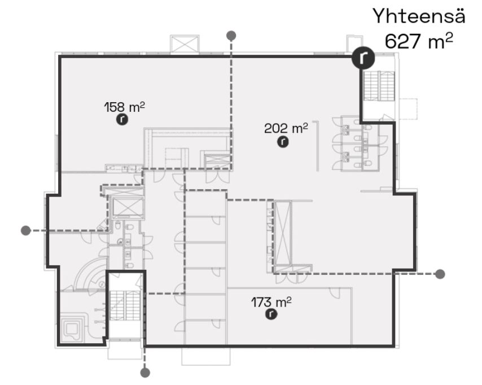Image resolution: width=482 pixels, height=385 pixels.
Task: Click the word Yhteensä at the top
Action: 419,16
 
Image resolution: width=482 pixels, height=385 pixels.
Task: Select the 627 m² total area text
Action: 419,41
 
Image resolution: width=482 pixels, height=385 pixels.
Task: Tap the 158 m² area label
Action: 124,107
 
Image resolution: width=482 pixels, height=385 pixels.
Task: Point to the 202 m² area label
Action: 286,128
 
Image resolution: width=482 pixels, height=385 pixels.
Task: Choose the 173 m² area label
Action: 271,302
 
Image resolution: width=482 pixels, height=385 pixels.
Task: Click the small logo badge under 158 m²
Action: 122,119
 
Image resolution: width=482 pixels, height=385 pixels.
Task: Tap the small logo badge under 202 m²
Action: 283,142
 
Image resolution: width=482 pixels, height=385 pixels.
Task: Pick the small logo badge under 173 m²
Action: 271,314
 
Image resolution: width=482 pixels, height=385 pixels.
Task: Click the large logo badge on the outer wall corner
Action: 363,58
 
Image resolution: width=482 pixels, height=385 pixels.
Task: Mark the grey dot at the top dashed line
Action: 231,36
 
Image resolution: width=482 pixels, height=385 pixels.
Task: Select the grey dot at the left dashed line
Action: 26,230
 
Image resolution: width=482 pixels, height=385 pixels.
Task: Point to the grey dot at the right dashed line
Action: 440,274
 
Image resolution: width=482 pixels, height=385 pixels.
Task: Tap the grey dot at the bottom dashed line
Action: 145,373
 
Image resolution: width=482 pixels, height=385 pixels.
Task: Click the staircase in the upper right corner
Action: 379,86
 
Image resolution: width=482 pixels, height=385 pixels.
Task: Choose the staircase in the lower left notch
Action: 125,305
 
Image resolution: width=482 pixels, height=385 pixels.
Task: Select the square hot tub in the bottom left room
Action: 72,328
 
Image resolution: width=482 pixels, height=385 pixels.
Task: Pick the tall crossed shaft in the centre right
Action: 283,232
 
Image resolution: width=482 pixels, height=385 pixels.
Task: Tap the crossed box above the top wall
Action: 185,44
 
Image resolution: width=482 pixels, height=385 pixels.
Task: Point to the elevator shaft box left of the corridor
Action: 128,208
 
